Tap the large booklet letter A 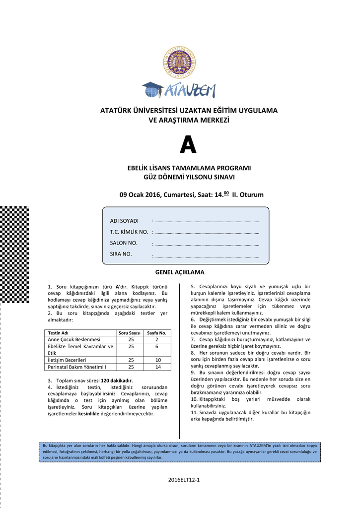coord(188,145)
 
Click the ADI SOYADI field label coord(124,221)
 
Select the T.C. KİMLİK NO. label coord(129,232)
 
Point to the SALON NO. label coord(124,243)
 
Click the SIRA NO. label coord(121,254)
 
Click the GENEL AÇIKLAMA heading coord(180,273)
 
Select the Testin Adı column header coord(58,332)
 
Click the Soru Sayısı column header coord(131,332)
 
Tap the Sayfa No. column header coord(157,332)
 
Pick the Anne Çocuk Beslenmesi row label coord(73,339)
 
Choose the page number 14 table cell coord(157,367)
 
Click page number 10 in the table coord(157,360)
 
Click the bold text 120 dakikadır coord(117,381)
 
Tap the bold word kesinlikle coord(89,414)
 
